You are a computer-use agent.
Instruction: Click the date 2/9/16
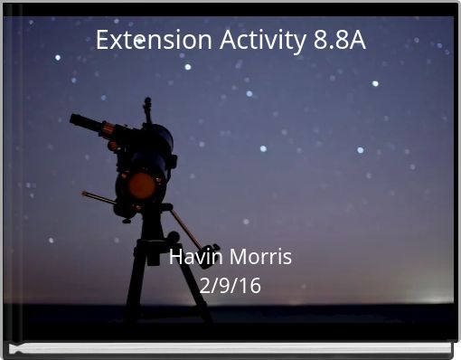point(230,286)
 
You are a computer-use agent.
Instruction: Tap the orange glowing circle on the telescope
point(142,185)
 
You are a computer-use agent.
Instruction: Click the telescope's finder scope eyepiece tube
point(89,123)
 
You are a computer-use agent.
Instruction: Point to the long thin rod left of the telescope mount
point(99,198)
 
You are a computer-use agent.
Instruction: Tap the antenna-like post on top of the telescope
point(147,109)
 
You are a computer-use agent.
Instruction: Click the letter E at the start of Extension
point(102,41)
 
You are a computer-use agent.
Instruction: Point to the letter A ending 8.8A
point(357,41)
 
